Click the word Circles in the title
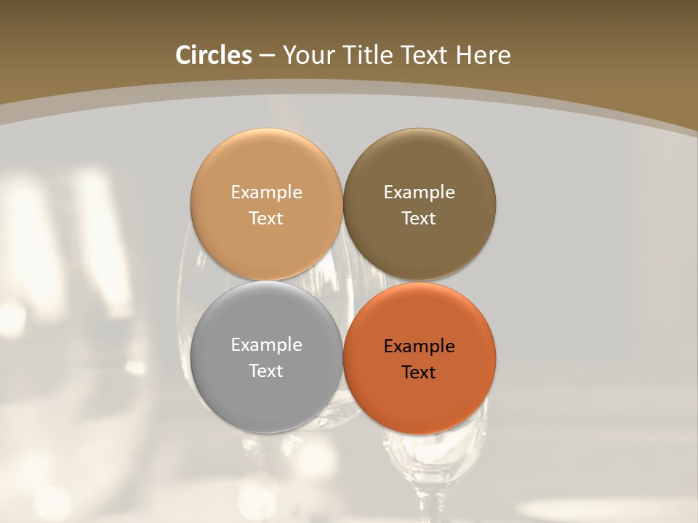(214, 55)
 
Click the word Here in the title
(484, 55)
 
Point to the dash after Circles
(267, 56)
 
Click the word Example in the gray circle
(266, 345)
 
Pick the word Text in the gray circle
(266, 370)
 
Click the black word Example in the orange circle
(420, 346)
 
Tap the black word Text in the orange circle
(419, 372)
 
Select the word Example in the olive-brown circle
(420, 192)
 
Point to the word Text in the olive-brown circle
(419, 218)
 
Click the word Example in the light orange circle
(266, 192)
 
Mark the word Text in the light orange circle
(266, 218)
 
